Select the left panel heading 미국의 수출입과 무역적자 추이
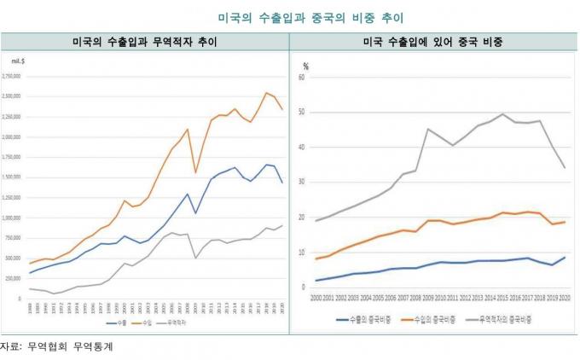tap(144, 41)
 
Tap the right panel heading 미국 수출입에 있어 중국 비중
tap(433, 41)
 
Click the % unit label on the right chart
tap(305, 65)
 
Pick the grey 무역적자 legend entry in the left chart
tap(175, 323)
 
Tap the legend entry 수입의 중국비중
tap(426, 319)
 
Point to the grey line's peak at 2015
tap(502, 114)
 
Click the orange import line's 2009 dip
tap(195, 172)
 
